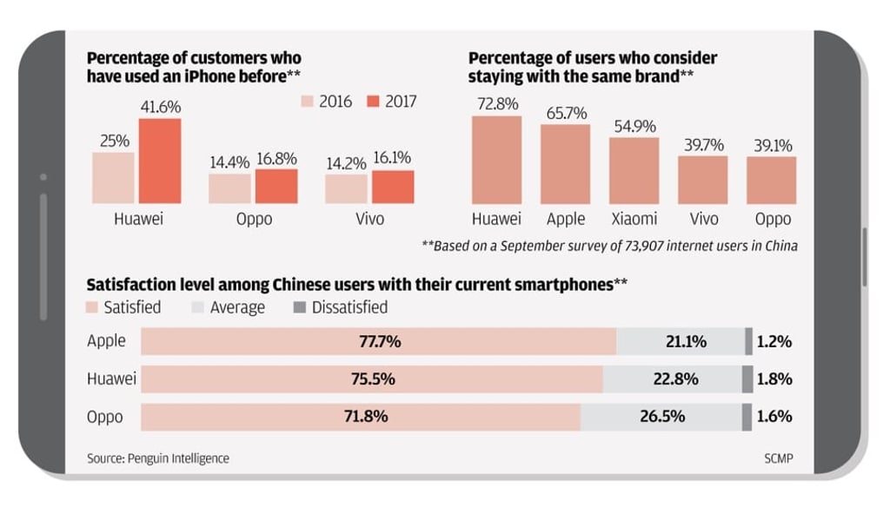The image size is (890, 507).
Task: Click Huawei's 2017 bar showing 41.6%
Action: click(x=160, y=161)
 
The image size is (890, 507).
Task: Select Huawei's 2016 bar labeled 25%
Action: click(x=114, y=178)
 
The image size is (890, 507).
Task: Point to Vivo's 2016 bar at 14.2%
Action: click(x=347, y=188)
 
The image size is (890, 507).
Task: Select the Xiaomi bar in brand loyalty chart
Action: click(x=634, y=171)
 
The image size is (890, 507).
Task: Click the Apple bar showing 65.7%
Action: click(x=565, y=164)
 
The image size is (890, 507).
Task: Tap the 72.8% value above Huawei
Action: click(x=496, y=104)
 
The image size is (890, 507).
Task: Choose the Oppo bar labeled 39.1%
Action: click(x=771, y=181)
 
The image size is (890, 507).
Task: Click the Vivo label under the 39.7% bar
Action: click(x=703, y=219)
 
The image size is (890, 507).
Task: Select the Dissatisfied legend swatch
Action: click(x=300, y=307)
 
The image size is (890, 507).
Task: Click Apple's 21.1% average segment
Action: click(x=681, y=342)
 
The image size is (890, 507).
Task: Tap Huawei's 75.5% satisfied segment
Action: click(x=372, y=379)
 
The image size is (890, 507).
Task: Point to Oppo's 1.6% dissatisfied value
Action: click(x=774, y=417)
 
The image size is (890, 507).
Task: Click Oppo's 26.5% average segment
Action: click(x=661, y=417)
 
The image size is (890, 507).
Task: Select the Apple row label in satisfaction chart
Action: click(x=106, y=341)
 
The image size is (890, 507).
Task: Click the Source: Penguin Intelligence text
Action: click(x=158, y=458)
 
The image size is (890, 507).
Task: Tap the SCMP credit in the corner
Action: click(x=777, y=458)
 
